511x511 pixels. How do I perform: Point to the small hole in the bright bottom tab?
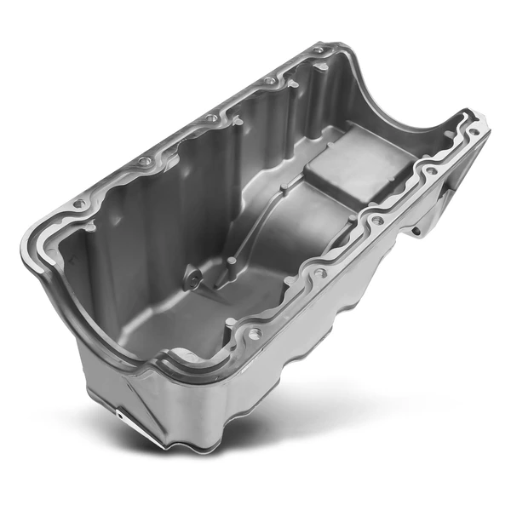[118, 415]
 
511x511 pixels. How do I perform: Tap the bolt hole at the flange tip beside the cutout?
[473, 132]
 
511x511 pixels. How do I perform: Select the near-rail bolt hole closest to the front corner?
[254, 335]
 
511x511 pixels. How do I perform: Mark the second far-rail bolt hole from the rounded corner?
[145, 161]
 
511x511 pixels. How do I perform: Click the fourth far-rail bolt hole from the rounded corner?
[269, 82]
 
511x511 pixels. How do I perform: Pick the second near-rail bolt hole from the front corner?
[319, 274]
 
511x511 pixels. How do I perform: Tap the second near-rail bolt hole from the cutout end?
[431, 170]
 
